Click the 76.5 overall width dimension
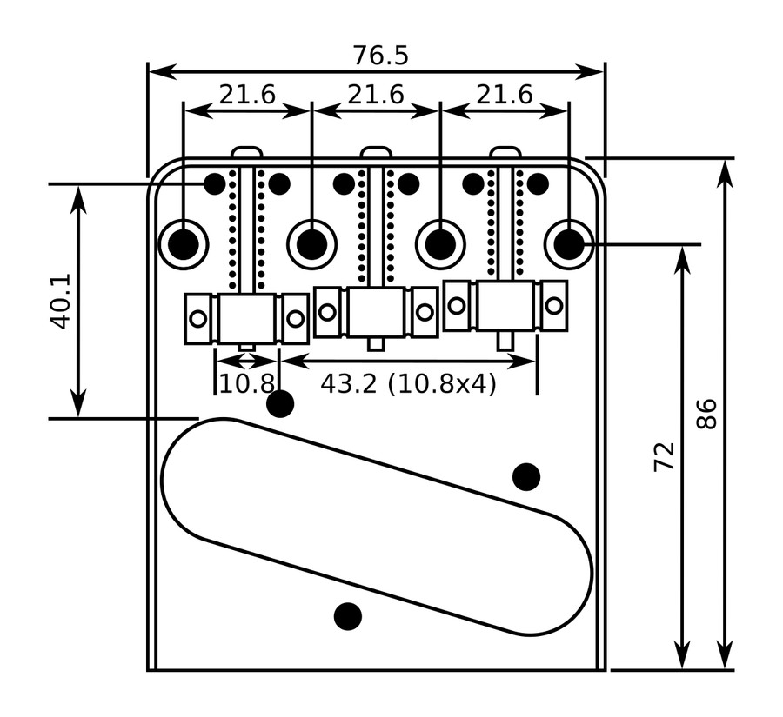[380, 55]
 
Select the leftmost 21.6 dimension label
[247, 95]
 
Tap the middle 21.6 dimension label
[376, 95]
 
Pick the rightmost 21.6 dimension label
[505, 95]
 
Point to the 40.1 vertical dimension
[60, 302]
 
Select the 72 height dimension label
[665, 455]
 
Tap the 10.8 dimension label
[246, 383]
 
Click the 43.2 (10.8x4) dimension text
[408, 383]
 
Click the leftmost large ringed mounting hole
[184, 243]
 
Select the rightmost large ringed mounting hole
[569, 243]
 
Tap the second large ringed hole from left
[311, 243]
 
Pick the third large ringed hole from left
[440, 243]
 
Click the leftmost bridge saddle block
[247, 318]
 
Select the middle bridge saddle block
[376, 311]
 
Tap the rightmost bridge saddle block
[505, 305]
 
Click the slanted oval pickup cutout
[376, 527]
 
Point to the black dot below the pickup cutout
[348, 615]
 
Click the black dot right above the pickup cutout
[526, 476]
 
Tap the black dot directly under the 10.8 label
[280, 404]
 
